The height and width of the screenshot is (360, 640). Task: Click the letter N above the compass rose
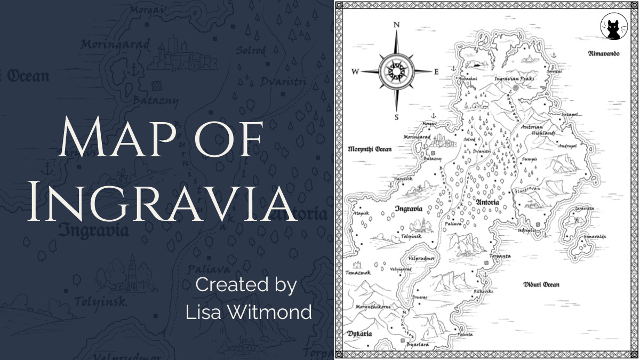(x=396, y=25)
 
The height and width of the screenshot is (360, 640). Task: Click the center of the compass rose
(x=396, y=71)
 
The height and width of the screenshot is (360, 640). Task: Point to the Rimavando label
(x=604, y=53)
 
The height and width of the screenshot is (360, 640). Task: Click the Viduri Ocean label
(x=541, y=284)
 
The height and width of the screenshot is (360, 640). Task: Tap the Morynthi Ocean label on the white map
(x=369, y=149)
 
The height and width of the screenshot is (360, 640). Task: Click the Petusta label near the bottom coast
(x=465, y=334)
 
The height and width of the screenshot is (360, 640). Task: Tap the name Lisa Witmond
(x=249, y=312)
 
